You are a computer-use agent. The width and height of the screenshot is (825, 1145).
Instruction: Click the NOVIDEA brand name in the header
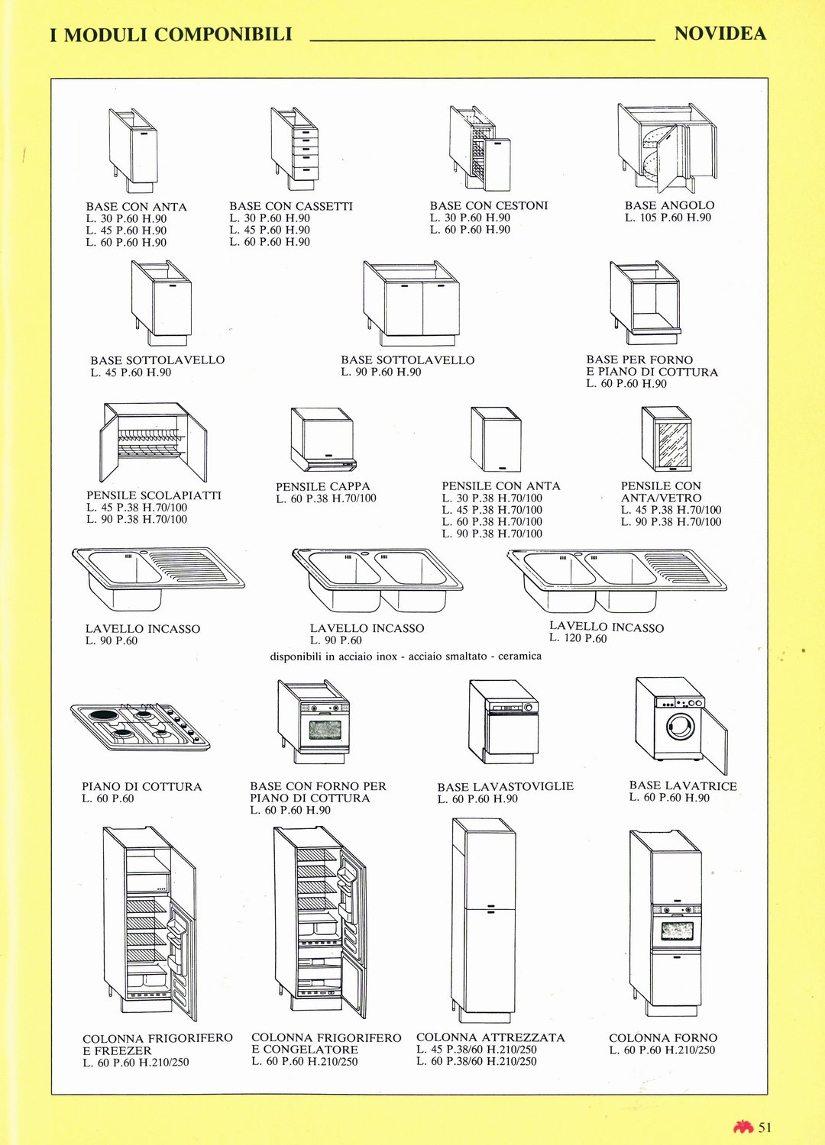720,34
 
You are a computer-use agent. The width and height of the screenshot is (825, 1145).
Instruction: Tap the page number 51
765,1127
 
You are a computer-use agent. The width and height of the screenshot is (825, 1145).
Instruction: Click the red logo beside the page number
744,1127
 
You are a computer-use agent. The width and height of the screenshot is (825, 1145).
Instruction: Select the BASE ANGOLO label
669,205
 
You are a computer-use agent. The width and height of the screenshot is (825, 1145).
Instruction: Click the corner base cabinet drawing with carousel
667,147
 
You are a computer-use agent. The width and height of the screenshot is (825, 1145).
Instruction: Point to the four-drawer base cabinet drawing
294,150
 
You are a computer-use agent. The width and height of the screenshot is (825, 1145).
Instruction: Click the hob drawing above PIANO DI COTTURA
140,727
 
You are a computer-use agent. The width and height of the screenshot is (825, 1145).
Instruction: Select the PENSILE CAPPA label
322,486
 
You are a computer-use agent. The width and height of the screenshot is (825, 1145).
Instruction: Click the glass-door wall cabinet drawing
666,439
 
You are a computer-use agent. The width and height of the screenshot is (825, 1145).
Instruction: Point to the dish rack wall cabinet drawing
153,442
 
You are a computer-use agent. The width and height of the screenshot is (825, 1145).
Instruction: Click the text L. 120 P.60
578,638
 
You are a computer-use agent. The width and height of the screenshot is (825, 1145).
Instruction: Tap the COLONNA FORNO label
663,1037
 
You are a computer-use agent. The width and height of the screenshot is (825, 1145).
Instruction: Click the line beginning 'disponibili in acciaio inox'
406,656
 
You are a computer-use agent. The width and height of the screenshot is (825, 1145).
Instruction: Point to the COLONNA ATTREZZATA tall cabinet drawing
484,920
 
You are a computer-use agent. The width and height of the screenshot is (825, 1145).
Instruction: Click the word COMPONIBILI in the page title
223,35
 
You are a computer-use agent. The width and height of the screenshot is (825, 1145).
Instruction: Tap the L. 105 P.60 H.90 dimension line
668,218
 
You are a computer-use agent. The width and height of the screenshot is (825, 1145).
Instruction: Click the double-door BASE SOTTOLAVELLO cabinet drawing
411,304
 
